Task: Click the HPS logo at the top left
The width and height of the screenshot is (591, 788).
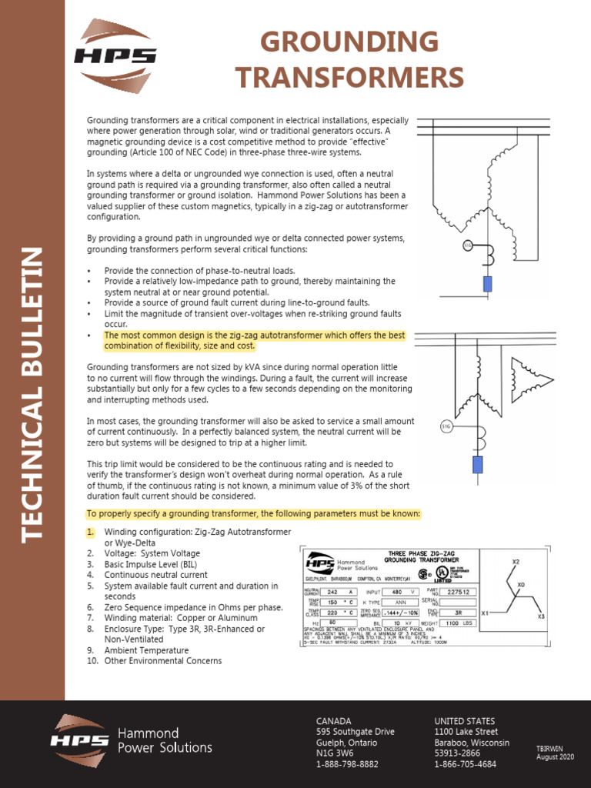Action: click(x=115, y=53)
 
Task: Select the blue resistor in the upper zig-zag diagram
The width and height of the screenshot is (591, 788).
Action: click(x=487, y=283)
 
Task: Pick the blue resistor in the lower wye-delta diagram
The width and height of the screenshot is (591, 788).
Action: click(x=477, y=465)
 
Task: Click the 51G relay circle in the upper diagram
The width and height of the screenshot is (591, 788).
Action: click(x=467, y=245)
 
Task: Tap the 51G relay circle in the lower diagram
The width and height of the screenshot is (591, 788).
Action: click(x=446, y=426)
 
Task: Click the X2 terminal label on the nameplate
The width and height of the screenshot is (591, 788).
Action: click(x=516, y=562)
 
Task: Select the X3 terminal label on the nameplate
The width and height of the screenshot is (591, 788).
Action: click(x=541, y=616)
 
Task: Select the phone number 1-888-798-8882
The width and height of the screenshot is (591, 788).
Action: click(x=347, y=764)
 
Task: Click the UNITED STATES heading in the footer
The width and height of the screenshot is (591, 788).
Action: click(x=466, y=721)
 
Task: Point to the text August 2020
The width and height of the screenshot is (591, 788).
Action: click(x=555, y=758)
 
